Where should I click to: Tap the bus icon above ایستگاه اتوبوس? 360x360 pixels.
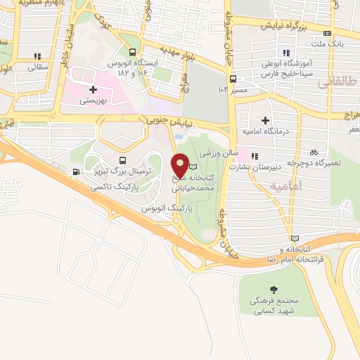132,51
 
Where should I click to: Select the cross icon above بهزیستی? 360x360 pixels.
92,89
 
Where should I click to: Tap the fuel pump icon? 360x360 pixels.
75,172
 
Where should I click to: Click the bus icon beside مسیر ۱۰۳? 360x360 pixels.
233,79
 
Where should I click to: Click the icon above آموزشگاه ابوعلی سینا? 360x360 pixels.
285,52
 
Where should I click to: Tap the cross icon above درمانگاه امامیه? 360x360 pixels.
265,120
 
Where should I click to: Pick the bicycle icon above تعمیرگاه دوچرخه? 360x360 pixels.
314,151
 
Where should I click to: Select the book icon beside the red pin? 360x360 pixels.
194,167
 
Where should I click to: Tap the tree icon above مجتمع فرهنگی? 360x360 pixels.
273,289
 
